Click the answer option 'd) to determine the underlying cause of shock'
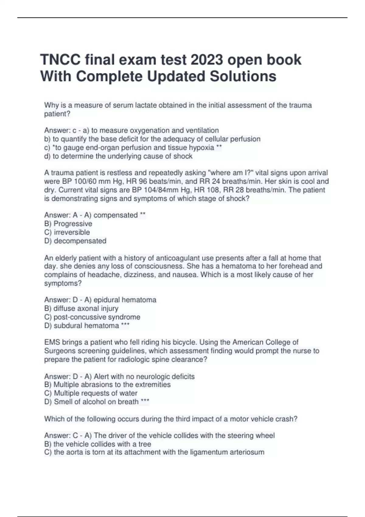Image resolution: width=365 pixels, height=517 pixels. pos(118,156)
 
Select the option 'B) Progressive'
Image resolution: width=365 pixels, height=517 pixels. pos(68,224)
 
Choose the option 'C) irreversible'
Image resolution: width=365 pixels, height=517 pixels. pos(67,232)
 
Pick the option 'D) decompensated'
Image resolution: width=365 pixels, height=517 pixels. pos(75,241)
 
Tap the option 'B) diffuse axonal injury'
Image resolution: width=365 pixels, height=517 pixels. pos(81,308)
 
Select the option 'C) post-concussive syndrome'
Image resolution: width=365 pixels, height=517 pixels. pos(92,317)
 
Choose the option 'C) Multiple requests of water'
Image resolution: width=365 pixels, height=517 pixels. pos(91,393)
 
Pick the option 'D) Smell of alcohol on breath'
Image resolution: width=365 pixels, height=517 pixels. pos(91,402)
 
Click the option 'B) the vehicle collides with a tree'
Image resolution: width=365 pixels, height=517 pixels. pos(98,444)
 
